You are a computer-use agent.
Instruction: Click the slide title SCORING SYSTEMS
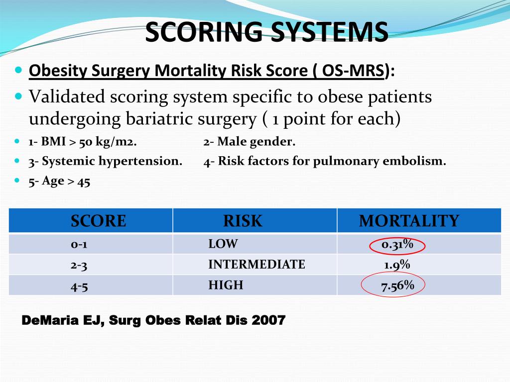coord(266,32)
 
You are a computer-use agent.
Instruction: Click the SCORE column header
coord(98,221)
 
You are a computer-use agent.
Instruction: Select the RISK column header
coord(243,221)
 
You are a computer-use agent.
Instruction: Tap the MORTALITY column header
coord(409,221)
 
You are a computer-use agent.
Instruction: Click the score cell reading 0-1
coord(79,244)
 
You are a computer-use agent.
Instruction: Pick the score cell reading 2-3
coord(79,265)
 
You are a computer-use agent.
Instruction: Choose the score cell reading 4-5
coord(79,286)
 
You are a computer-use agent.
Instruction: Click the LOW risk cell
coord(223,244)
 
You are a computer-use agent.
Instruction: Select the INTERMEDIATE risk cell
coord(256,265)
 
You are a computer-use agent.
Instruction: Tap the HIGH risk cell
coord(226,286)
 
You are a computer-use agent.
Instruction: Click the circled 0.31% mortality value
coord(397,244)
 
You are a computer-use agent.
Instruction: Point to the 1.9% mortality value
coord(397,265)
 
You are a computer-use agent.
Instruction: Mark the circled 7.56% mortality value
coord(397,286)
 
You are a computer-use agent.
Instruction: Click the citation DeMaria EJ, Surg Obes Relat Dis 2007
coord(154,321)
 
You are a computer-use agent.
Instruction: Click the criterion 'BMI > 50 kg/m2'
coord(83,142)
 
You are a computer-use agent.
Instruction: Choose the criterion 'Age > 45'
coord(59,182)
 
